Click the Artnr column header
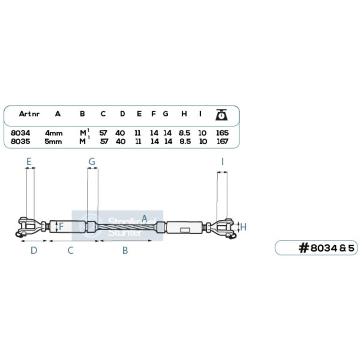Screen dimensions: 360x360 (x=29, y=114)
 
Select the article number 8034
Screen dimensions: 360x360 (x=20, y=133)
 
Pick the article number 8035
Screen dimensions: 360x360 (x=20, y=141)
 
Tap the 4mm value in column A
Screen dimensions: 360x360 (x=54, y=133)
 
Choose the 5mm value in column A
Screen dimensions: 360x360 (x=54, y=141)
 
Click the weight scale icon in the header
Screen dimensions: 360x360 (x=222, y=114)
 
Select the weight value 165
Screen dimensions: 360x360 (x=222, y=133)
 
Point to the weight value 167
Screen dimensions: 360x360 (x=222, y=141)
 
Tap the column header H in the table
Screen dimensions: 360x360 (x=184, y=114)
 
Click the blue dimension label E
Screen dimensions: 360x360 (x=29, y=161)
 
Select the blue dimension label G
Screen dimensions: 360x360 (x=92, y=161)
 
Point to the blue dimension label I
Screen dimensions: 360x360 (x=222, y=161)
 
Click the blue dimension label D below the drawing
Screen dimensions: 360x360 (x=34, y=250)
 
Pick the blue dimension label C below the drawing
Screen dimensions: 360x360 (x=71, y=250)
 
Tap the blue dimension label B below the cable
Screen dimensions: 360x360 (x=125, y=250)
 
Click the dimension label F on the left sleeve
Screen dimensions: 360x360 (x=61, y=227)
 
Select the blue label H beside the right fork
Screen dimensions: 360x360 (x=243, y=227)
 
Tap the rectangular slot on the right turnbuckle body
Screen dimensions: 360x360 (x=185, y=230)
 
